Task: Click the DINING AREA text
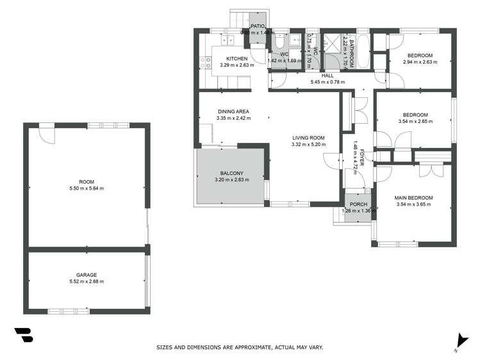tap(232, 111)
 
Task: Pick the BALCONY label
tap(231, 173)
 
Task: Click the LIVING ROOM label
tap(308, 138)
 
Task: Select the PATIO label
tap(257, 26)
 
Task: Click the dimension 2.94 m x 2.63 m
tap(419, 62)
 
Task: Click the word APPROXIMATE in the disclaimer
tap(240, 347)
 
